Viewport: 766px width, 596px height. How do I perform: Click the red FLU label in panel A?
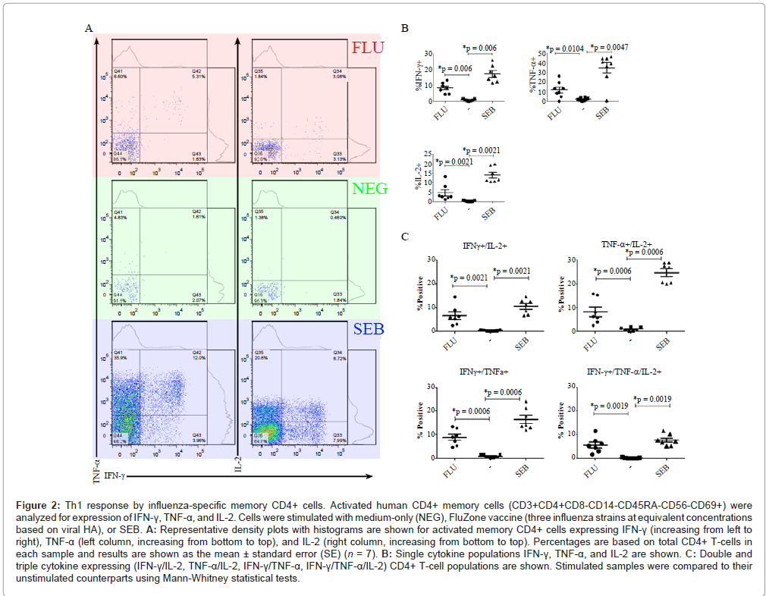(368, 48)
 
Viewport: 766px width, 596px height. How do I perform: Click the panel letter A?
(89, 29)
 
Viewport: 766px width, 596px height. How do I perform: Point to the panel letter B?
(405, 29)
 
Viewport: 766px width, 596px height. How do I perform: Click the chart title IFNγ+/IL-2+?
(486, 246)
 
